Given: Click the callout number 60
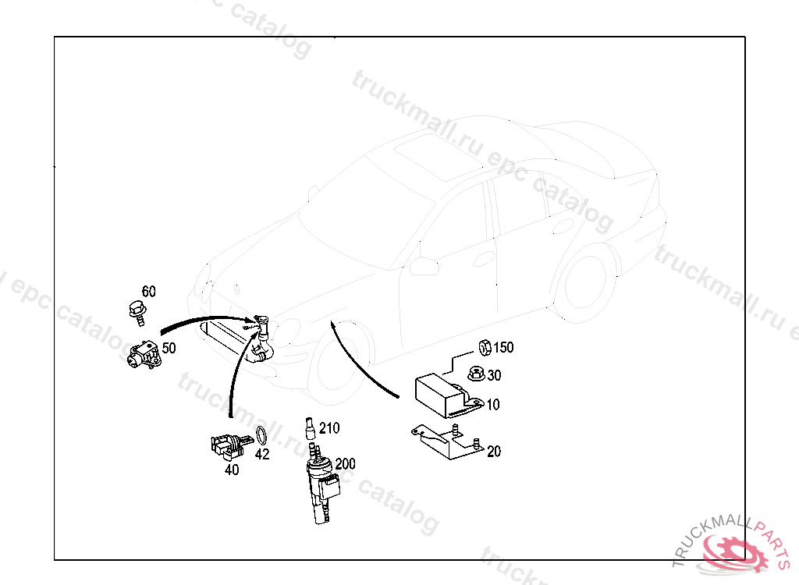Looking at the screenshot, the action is click(x=149, y=292).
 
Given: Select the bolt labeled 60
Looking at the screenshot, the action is click(x=137, y=313).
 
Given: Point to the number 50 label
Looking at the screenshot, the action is click(x=169, y=348).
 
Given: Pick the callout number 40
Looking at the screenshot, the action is click(x=232, y=470).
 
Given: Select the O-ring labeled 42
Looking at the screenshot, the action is click(x=261, y=436).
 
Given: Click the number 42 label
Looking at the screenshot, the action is click(x=262, y=453).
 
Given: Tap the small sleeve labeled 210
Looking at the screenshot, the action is click(x=309, y=428).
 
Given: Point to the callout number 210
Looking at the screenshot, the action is click(x=329, y=428).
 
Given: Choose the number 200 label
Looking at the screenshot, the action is click(x=345, y=464).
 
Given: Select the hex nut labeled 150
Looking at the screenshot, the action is click(x=485, y=348).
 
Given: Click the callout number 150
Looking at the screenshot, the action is click(x=503, y=348).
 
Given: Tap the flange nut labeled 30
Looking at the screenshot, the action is click(x=477, y=374).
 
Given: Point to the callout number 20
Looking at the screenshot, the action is click(x=494, y=452).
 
